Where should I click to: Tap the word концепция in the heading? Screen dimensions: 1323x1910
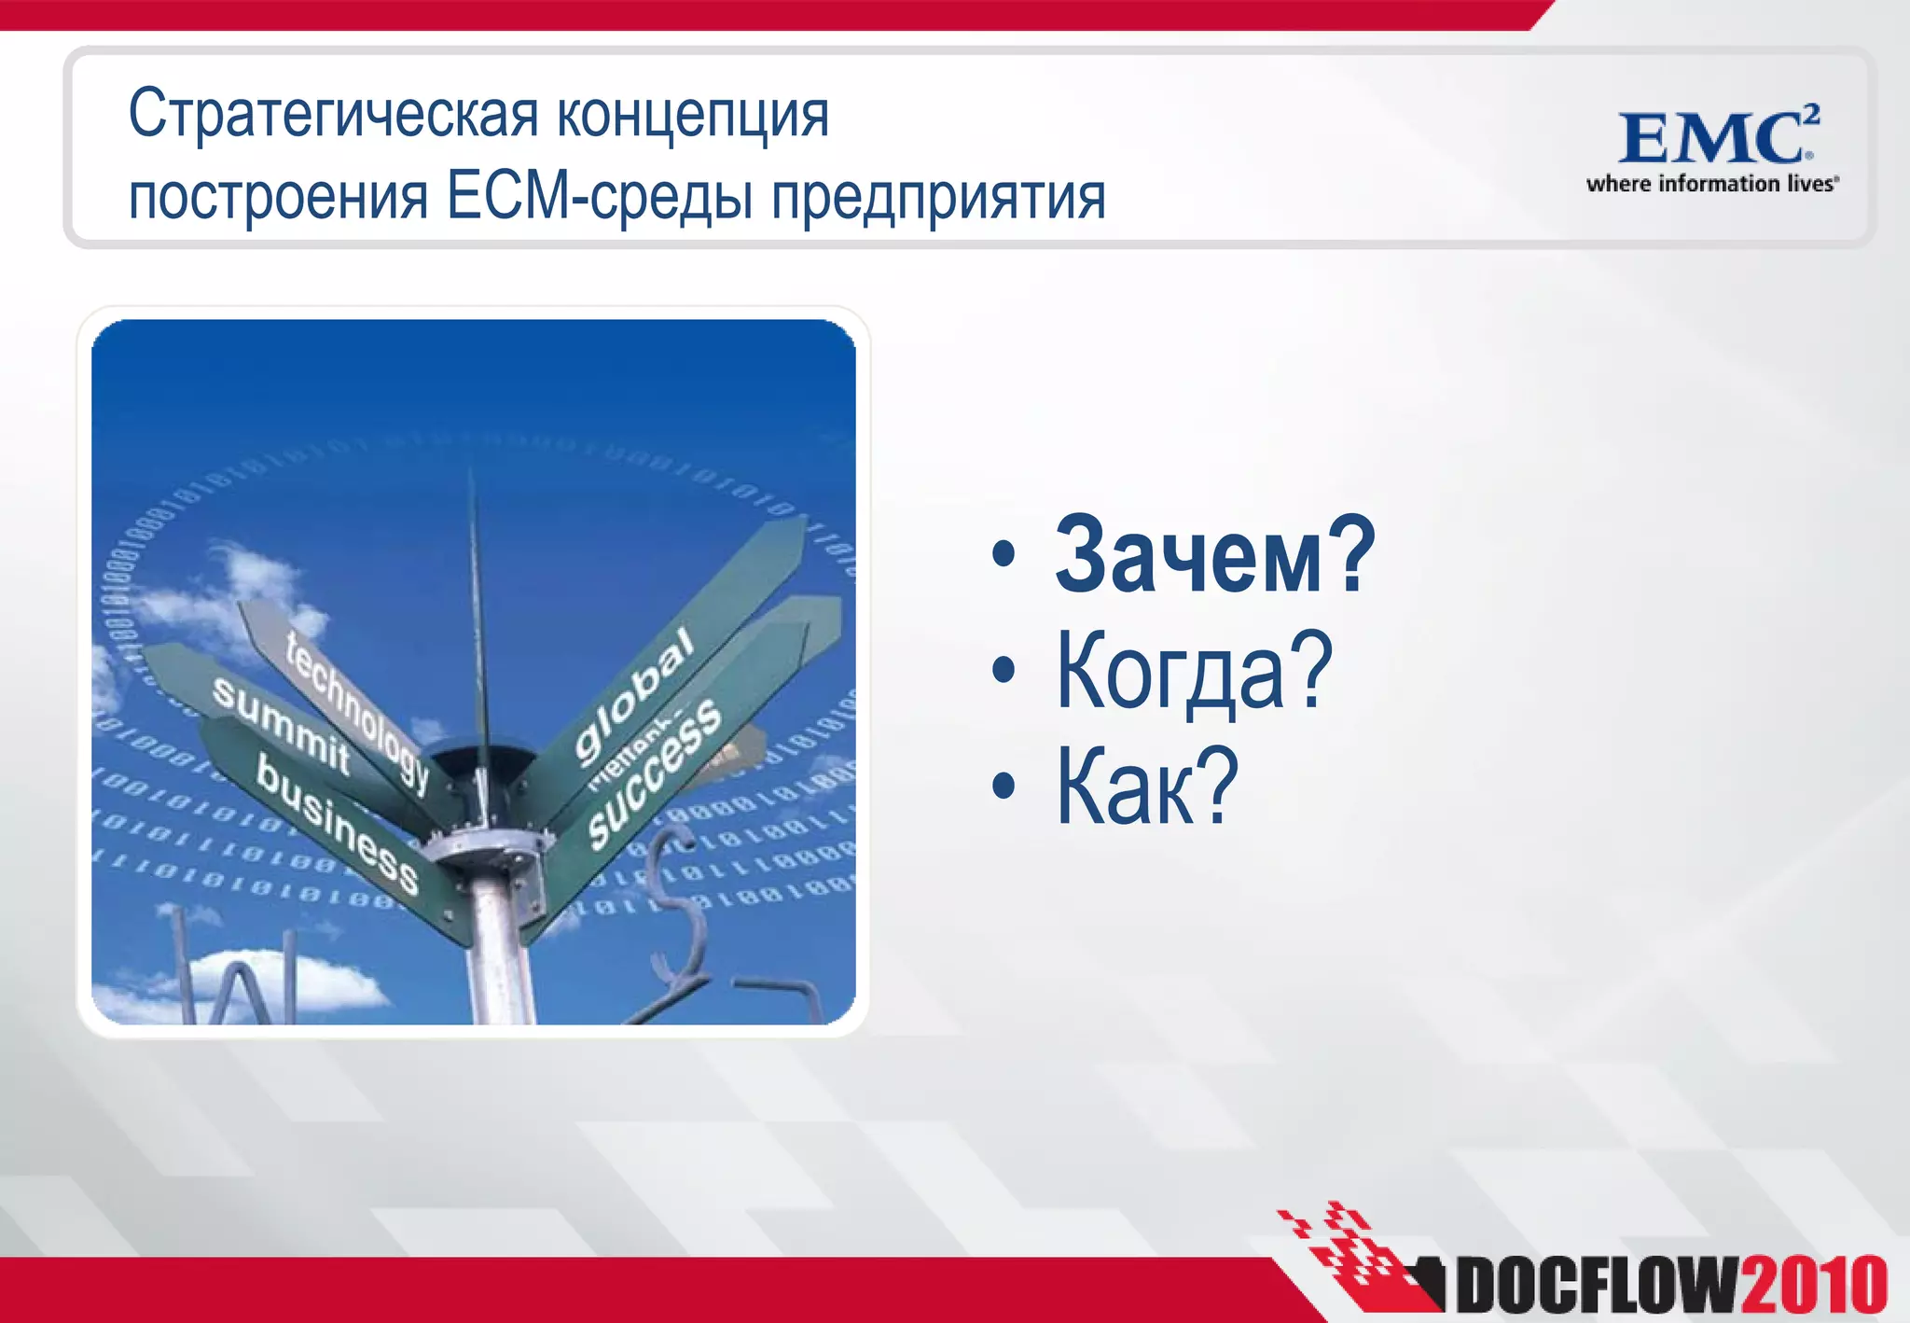[692, 116]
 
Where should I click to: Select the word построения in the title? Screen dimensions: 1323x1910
[277, 198]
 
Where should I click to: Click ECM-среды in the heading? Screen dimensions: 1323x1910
[600, 198]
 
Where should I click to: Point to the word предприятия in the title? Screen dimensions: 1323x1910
[937, 198]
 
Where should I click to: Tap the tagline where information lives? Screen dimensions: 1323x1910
[1712, 184]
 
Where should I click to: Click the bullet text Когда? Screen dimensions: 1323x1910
[1194, 672]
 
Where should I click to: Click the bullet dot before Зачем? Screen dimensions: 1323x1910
[1003, 556]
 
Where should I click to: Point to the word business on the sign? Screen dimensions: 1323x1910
[337, 822]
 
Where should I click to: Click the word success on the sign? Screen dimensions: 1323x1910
[655, 773]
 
